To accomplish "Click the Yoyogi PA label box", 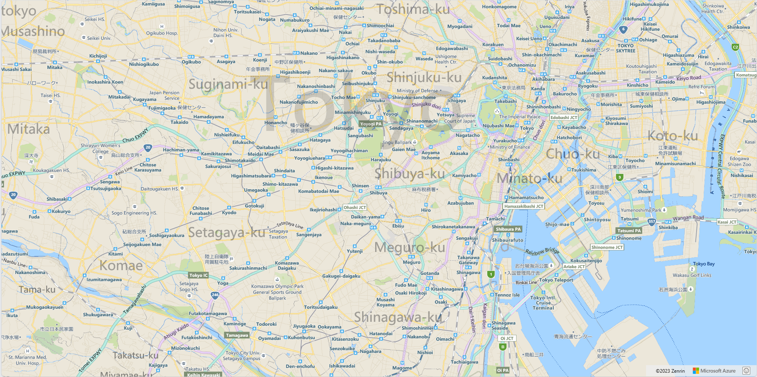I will click(x=370, y=124).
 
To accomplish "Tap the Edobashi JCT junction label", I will click(x=564, y=118).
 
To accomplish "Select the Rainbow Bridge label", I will click(x=542, y=251).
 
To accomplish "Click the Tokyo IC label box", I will click(x=198, y=275).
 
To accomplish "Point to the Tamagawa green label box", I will click(x=237, y=335).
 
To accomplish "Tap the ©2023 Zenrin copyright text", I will click(x=670, y=371).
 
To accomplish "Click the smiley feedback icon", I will click(x=746, y=370).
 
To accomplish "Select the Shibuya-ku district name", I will click(x=409, y=174).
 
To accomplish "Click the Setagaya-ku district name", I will click(x=227, y=233).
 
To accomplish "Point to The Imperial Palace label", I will click(x=520, y=117).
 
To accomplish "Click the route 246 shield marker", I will click(x=215, y=295).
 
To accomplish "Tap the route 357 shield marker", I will click(x=652, y=222).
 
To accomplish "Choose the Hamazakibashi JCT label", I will click(x=524, y=206).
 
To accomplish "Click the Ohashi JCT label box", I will click(x=355, y=207).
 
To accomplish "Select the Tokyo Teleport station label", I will click(x=556, y=280).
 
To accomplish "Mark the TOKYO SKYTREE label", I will click(x=626, y=48).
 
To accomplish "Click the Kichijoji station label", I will click(x=98, y=56).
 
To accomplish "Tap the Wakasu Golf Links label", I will click(x=692, y=275).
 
